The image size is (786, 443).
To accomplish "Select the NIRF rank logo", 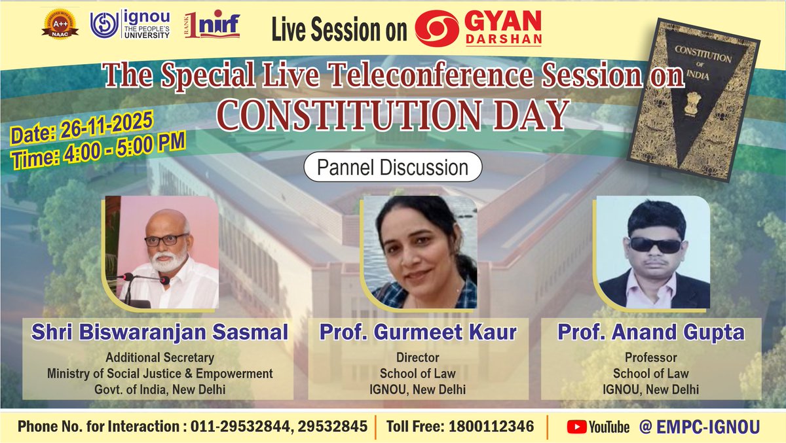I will tap(212, 26).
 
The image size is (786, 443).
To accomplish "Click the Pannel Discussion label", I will tap(392, 168).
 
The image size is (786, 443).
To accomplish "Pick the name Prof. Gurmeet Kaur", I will tap(418, 332).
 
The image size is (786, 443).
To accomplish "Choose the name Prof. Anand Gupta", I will tap(651, 332).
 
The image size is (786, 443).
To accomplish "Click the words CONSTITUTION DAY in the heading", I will tap(392, 114).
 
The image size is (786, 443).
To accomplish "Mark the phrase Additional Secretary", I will tap(160, 358).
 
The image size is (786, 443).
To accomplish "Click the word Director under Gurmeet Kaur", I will tap(418, 358).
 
